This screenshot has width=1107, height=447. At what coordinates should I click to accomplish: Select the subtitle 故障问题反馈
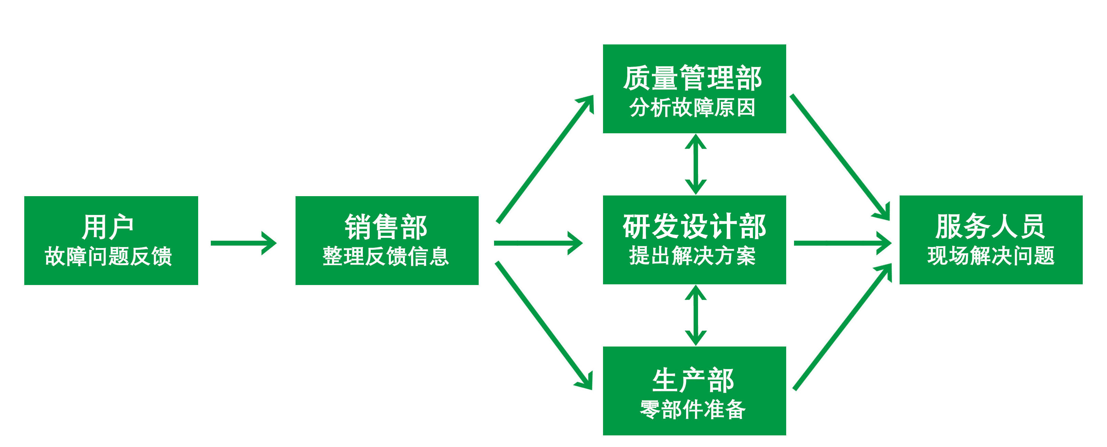click(108, 256)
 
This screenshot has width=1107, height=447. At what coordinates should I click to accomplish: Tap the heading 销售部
click(385, 227)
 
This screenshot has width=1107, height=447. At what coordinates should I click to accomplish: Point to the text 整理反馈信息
click(385, 256)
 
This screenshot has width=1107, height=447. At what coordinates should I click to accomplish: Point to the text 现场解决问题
click(990, 256)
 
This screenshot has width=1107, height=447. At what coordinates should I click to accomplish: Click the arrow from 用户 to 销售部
click(243, 243)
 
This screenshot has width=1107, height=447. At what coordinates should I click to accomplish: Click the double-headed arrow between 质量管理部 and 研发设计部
click(695, 164)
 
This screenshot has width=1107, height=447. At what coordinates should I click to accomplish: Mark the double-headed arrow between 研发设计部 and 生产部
click(695, 315)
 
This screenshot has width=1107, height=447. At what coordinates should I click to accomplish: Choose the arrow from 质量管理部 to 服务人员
click(839, 157)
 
